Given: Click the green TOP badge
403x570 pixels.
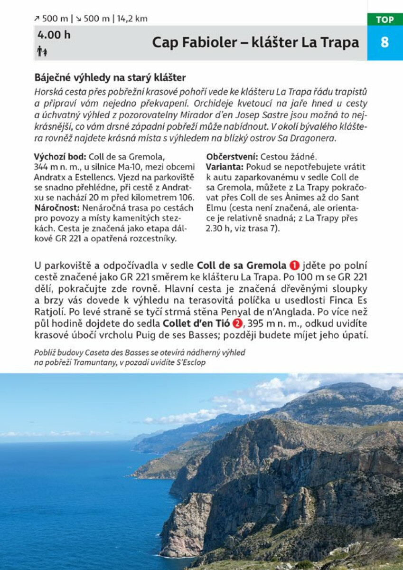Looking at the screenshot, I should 384,19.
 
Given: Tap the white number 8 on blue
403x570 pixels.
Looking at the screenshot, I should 384,43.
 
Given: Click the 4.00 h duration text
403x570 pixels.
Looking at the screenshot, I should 54,35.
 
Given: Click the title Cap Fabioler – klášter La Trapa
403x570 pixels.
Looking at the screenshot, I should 255,43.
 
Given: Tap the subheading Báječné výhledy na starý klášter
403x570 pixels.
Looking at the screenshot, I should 110,77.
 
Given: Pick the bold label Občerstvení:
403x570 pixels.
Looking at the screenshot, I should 232,156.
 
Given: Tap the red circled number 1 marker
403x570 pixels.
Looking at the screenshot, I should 295,266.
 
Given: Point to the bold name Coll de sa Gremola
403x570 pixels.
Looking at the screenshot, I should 242,266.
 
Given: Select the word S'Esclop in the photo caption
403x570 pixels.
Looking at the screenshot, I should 193,362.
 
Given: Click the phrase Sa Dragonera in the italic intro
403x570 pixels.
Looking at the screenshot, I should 311,138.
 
